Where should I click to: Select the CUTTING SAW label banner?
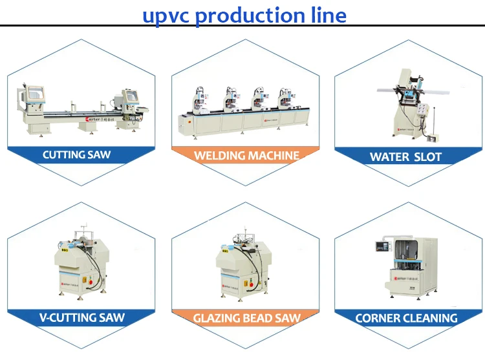point(76,155)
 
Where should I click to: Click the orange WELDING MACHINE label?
point(246,155)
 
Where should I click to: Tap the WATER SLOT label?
point(405,156)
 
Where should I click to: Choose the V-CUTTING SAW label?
point(80,317)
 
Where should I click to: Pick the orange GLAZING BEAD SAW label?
point(246,318)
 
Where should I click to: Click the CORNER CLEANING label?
point(406,318)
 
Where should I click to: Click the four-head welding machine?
point(242,113)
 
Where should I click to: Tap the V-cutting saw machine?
point(80,268)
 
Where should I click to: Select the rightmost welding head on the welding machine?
point(285,100)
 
